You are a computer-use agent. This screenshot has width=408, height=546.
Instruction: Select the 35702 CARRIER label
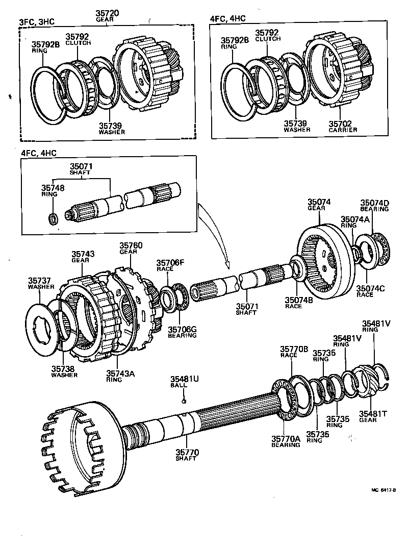click(x=342, y=126)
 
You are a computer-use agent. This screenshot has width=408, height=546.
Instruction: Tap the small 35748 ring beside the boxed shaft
click(x=53, y=219)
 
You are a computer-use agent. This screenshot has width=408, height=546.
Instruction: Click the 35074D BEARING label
click(x=375, y=206)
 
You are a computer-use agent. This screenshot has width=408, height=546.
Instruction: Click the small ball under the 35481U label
click(x=184, y=401)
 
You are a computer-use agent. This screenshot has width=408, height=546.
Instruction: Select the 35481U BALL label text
click(x=184, y=382)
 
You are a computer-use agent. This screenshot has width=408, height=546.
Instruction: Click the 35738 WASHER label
click(x=64, y=371)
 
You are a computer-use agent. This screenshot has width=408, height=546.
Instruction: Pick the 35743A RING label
click(x=120, y=376)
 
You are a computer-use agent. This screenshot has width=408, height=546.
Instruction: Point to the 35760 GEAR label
click(x=131, y=249)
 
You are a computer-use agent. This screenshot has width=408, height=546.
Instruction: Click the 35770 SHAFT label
click(x=187, y=455)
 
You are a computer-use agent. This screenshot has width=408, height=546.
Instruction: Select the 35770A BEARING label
click(x=286, y=441)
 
